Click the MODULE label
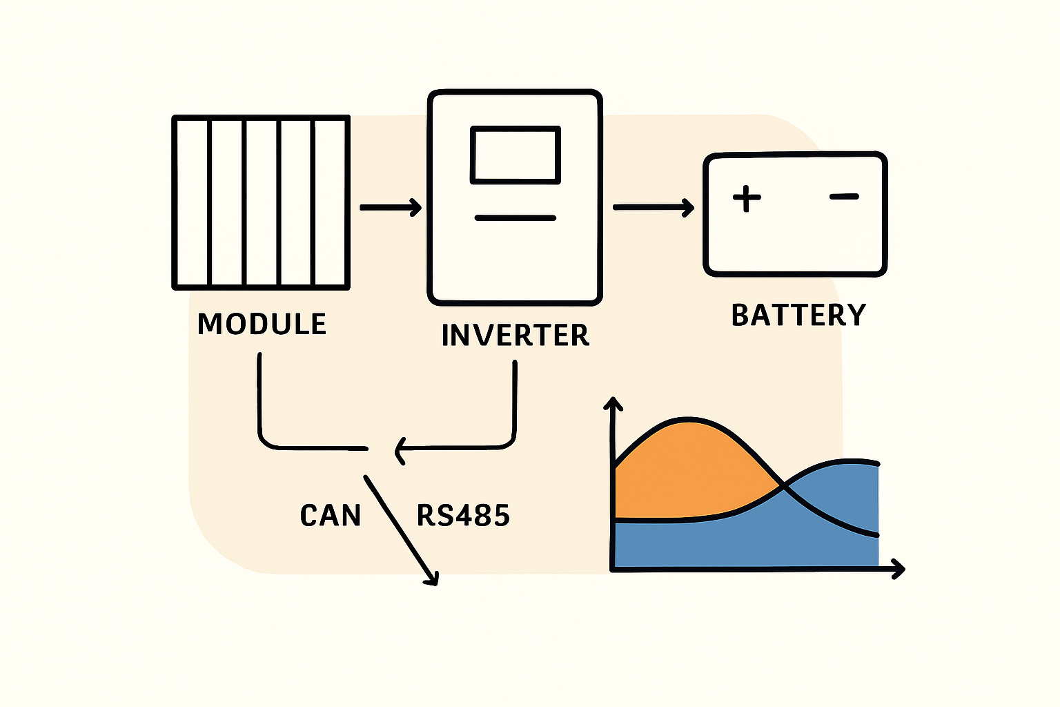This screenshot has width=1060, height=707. tap(262, 324)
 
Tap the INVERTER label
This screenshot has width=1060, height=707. tap(515, 335)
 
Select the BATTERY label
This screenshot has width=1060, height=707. tap(798, 315)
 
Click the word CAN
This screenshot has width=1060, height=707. tap(331, 516)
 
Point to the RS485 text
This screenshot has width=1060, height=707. tap(463, 516)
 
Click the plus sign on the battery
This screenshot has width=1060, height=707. tap(746, 198)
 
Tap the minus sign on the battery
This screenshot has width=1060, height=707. tap(844, 197)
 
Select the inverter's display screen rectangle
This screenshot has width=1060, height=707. tap(515, 155)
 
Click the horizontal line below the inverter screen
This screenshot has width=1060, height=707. tap(515, 218)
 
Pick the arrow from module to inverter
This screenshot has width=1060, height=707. tap(391, 207)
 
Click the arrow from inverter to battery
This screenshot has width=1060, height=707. tap(653, 207)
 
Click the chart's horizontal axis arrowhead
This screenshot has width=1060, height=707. tap(899, 569)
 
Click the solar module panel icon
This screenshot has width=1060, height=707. tap(261, 202)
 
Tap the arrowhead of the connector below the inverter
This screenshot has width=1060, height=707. tap(399, 450)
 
